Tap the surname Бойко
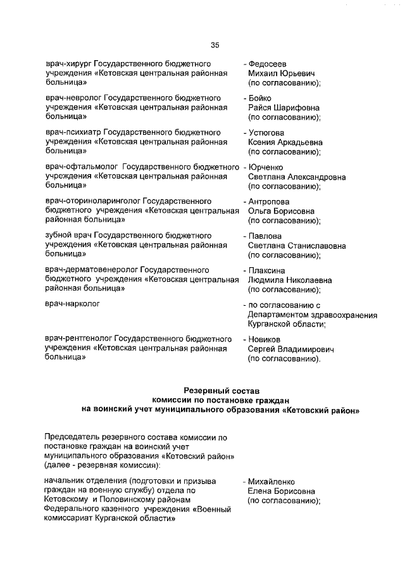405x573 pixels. (x=259, y=98)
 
